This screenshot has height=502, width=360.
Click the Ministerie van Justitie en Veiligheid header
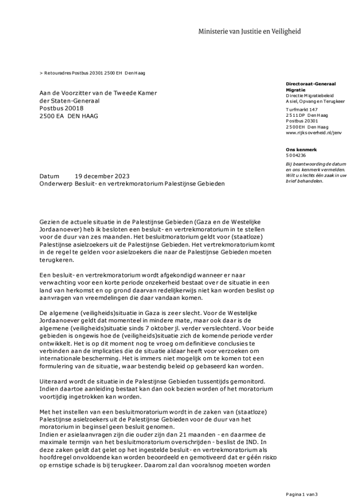click(249, 31)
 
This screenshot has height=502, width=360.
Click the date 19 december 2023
click(103, 176)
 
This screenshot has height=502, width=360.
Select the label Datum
click(49, 176)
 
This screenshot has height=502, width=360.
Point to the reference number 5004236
click(296, 155)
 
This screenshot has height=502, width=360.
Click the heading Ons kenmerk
click(301, 149)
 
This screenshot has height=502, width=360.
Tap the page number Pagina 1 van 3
click(303, 494)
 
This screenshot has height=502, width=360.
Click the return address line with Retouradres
click(92, 73)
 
